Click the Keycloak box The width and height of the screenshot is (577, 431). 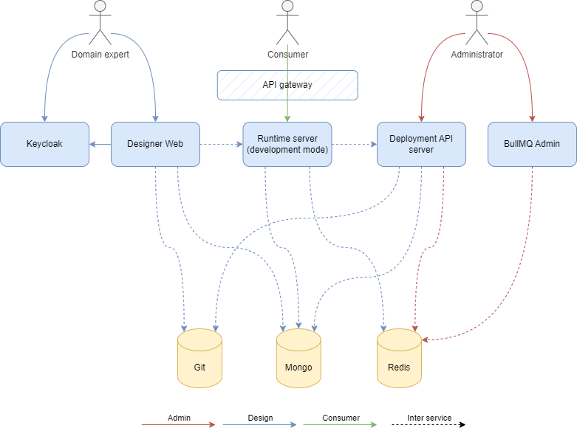pos(44,144)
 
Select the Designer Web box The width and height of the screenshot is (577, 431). pos(155,144)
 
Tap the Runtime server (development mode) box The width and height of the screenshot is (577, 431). pos(287,144)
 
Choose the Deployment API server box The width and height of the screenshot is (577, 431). pos(421,144)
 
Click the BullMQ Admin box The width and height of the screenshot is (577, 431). pos(532,144)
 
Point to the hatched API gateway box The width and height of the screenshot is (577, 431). pos(287,85)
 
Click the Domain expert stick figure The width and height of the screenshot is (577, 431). pos(100,22)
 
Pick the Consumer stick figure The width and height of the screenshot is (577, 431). pos(287,22)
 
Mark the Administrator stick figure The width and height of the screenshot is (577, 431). pos(477,22)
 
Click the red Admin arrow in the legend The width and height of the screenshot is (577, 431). pos(178,425)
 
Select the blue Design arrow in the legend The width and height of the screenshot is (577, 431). pos(259,425)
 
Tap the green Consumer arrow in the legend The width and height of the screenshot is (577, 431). pos(341,425)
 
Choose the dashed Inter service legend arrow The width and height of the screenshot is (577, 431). pos(429,425)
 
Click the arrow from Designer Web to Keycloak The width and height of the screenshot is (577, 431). pos(100,144)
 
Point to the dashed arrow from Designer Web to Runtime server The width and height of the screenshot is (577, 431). pos(222,144)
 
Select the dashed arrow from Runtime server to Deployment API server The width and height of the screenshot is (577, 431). pos(354,144)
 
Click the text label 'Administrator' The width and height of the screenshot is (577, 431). pos(477,55)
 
